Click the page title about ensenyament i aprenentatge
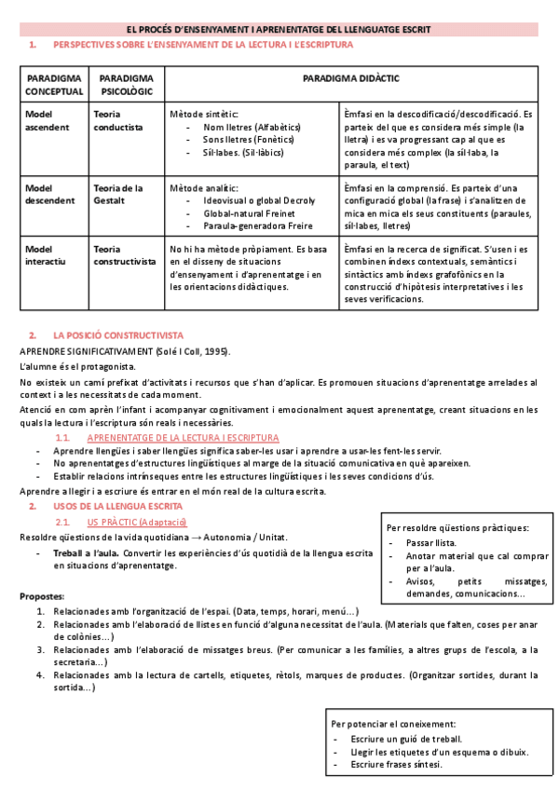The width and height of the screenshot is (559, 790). point(279,30)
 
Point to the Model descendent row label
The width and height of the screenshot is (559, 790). point(51,193)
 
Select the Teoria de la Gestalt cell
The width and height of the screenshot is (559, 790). point(118,193)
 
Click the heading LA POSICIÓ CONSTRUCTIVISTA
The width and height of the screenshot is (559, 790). point(118,334)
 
